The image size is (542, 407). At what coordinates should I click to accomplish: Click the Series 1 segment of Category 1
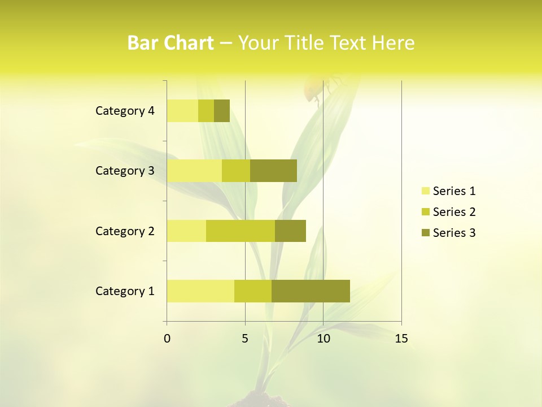click(200, 291)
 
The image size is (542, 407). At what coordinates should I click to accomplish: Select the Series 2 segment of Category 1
click(253, 291)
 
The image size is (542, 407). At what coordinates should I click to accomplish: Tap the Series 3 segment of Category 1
click(311, 291)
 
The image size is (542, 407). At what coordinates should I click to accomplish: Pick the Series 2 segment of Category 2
click(241, 231)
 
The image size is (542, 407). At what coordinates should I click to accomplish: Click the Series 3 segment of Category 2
click(290, 231)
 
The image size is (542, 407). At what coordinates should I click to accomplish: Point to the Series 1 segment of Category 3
click(194, 171)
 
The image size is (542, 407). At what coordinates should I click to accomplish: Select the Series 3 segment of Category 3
click(273, 171)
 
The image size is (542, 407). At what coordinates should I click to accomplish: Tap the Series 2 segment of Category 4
click(206, 111)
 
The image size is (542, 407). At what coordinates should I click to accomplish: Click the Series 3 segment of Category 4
click(222, 111)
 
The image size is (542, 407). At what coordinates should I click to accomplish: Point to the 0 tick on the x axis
click(167, 339)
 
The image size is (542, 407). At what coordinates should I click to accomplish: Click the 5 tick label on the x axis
click(245, 339)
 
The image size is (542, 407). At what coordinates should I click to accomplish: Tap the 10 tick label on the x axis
click(323, 339)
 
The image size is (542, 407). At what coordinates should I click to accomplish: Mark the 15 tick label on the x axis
click(401, 339)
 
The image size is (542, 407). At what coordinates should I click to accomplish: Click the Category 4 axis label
click(125, 111)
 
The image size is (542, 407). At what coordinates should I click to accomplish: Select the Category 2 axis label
click(125, 231)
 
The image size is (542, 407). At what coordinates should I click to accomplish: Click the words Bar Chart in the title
click(171, 43)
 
